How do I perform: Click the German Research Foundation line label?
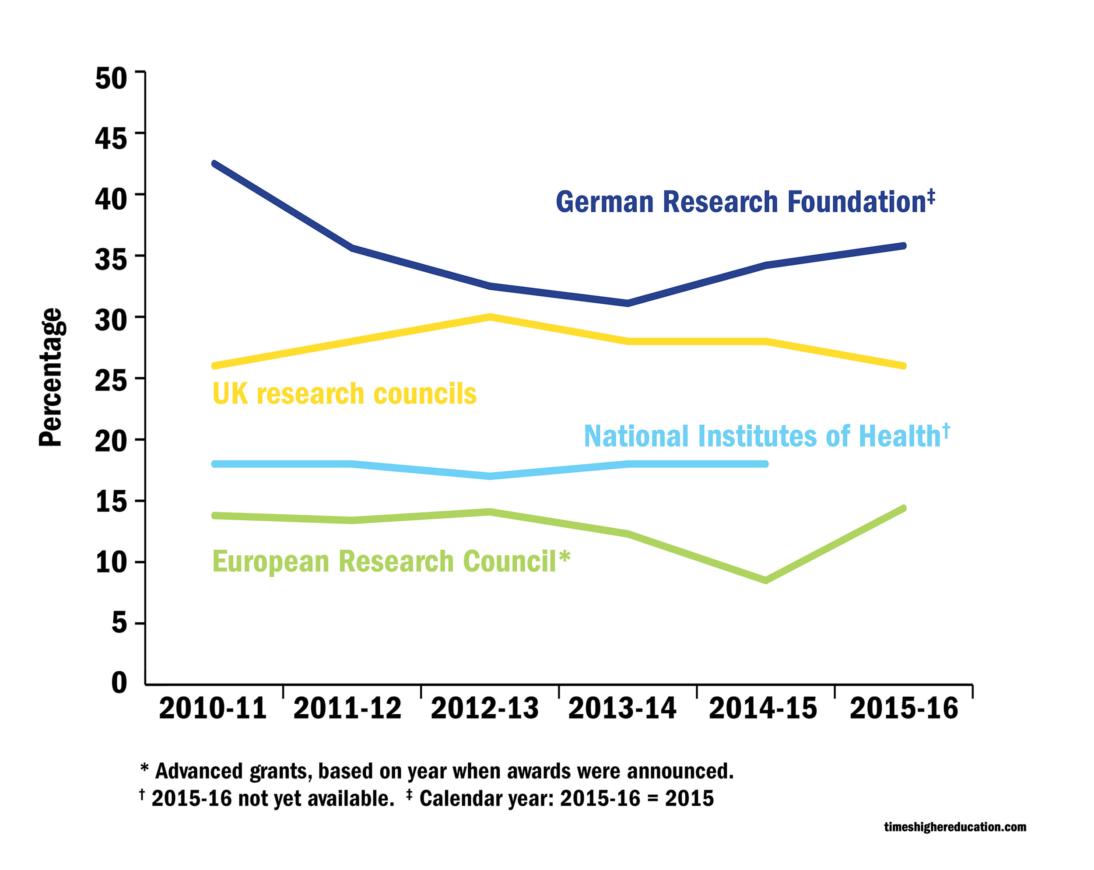tap(744, 202)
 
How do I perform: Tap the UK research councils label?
tap(344, 393)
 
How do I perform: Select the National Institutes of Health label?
tap(766, 436)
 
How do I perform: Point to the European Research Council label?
tap(391, 561)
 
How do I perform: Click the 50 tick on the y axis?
tap(111, 79)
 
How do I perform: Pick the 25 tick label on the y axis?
tap(111, 381)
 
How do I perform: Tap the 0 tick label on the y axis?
tap(119, 682)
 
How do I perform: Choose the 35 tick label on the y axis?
tap(111, 260)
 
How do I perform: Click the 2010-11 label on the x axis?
tap(213, 709)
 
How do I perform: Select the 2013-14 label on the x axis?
tap(622, 709)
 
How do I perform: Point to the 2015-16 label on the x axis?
tap(904, 709)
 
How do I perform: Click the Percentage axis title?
tap(51, 378)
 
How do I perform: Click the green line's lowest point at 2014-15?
tap(765, 580)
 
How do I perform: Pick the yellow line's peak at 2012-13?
tap(490, 317)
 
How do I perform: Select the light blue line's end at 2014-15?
tap(765, 464)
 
